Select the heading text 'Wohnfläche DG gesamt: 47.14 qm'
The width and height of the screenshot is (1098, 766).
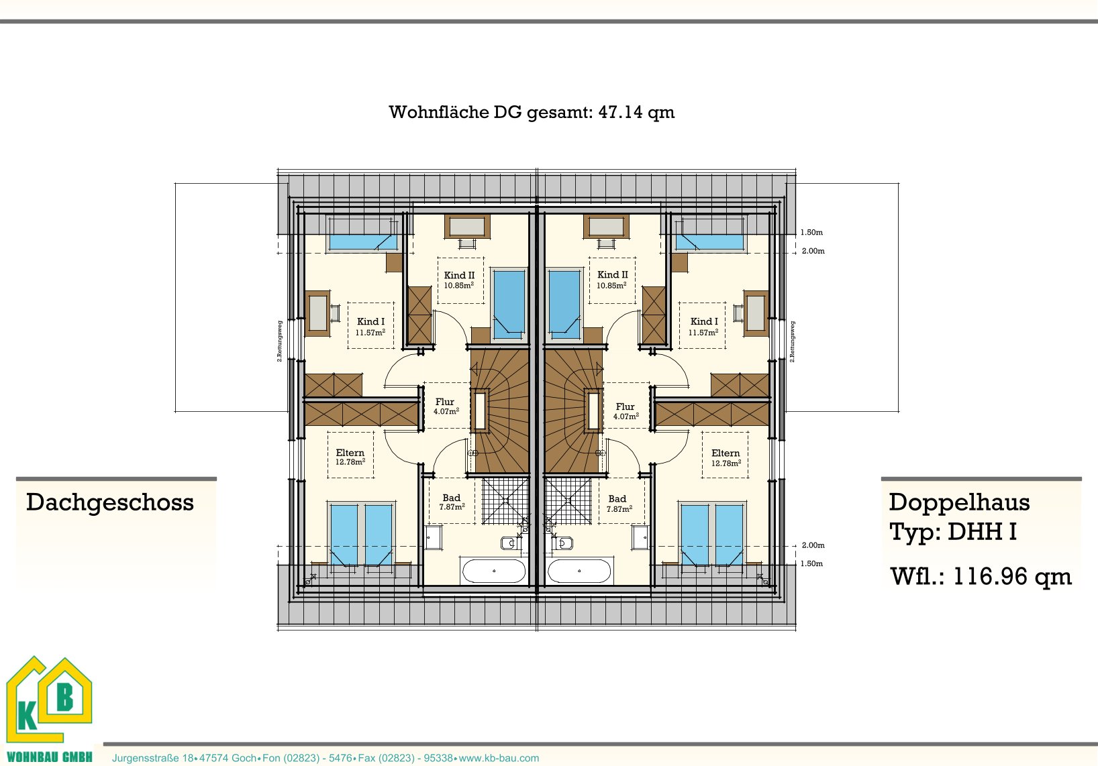(532, 112)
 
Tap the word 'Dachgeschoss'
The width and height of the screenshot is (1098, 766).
(110, 503)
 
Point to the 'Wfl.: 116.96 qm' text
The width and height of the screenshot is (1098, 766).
(981, 576)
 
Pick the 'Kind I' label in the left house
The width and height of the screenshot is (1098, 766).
(370, 321)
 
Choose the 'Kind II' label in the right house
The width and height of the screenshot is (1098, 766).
(612, 275)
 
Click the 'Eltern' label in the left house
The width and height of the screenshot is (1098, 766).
(350, 453)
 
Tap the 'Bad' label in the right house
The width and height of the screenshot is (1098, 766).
(617, 498)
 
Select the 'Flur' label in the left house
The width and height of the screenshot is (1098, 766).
(444, 402)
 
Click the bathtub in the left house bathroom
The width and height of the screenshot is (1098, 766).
(493, 571)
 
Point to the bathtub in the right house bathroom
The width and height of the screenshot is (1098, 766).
(579, 571)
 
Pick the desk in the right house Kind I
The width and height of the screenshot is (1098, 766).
(755, 313)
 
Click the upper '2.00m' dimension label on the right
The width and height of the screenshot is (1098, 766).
(813, 252)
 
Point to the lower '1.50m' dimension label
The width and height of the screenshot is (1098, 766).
(811, 563)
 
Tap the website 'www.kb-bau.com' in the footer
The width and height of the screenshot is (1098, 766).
(499, 758)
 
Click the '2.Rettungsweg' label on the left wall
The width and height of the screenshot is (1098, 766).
(279, 341)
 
